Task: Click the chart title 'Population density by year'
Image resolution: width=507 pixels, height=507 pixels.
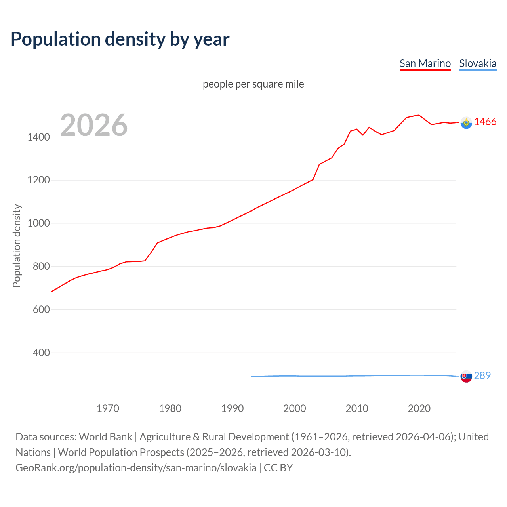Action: pyautogui.click(x=120, y=39)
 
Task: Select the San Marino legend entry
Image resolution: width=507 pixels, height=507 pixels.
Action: pyautogui.click(x=425, y=63)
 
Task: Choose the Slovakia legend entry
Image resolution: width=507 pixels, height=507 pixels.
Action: pyautogui.click(x=478, y=63)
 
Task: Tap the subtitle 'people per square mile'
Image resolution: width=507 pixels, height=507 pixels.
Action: pyautogui.click(x=253, y=84)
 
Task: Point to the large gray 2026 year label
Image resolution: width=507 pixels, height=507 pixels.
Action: pyautogui.click(x=94, y=125)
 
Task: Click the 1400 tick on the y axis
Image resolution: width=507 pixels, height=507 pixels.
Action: pyautogui.click(x=38, y=137)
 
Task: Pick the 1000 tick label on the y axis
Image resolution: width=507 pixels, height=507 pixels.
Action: pyautogui.click(x=38, y=223)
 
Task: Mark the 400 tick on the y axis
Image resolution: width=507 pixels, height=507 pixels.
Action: pyautogui.click(x=41, y=353)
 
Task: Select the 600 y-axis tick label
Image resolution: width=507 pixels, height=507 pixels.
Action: pyautogui.click(x=41, y=309)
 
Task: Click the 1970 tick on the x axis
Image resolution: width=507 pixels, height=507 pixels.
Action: pyautogui.click(x=108, y=408)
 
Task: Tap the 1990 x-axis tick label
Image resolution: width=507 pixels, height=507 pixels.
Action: pyautogui.click(x=233, y=408)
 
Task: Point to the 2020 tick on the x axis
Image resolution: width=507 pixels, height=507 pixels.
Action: pyautogui.click(x=419, y=408)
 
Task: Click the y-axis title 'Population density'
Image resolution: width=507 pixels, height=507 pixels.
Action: pyautogui.click(x=17, y=246)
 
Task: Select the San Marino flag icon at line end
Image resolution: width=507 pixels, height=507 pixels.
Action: pyautogui.click(x=466, y=123)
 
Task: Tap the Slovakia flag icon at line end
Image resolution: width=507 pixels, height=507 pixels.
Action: pyautogui.click(x=466, y=376)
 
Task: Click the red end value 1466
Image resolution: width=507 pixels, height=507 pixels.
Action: pyautogui.click(x=485, y=122)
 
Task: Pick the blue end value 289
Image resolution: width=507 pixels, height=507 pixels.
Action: pyautogui.click(x=482, y=375)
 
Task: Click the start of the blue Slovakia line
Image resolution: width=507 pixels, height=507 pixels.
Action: pyautogui.click(x=252, y=377)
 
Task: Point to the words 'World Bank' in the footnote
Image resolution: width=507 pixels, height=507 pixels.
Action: pyautogui.click(x=105, y=437)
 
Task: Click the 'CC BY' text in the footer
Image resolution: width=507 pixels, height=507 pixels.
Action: pyautogui.click(x=278, y=468)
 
